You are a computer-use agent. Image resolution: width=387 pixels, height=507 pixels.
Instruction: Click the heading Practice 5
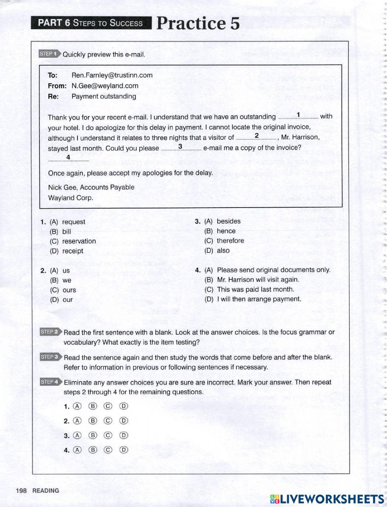point(198,23)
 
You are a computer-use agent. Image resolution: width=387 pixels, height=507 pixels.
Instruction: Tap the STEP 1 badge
point(50,54)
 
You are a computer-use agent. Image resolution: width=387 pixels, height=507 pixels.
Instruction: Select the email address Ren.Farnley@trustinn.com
point(112,75)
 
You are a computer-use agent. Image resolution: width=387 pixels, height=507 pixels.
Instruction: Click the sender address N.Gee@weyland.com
point(105,86)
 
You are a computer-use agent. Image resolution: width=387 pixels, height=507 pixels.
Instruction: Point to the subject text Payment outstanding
point(104,96)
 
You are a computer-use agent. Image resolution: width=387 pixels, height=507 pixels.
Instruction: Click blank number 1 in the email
point(298,116)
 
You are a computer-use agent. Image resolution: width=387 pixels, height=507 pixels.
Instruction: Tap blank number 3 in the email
point(180,148)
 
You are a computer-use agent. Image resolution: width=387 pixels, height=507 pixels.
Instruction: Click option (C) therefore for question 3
point(224,241)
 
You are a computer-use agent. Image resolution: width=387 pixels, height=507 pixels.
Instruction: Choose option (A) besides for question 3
point(223,221)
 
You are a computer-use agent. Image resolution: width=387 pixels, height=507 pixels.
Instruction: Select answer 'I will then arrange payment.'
point(253,299)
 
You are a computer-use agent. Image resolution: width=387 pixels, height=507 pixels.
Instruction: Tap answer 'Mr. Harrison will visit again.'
point(252,279)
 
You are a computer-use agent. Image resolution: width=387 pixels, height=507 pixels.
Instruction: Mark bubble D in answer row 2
point(123,421)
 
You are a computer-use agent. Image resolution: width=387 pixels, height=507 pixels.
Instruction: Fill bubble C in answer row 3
point(108,435)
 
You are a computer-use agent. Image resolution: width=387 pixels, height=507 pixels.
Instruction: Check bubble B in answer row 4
point(92,450)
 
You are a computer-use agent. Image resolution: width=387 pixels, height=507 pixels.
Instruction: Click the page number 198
point(21,490)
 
